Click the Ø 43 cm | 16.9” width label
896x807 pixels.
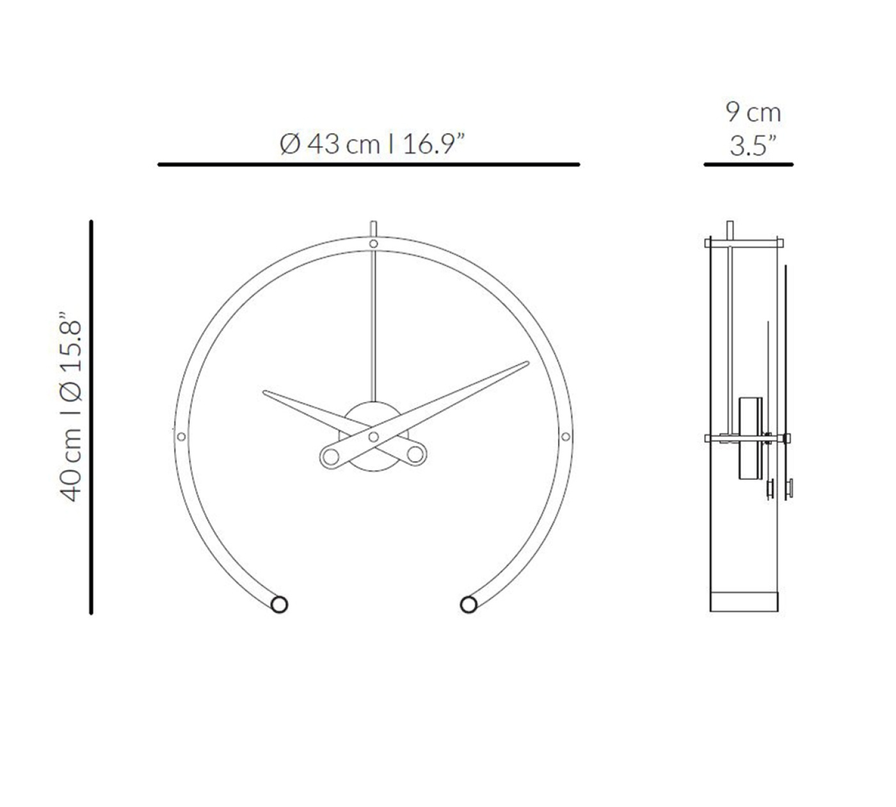pyautogui.click(x=372, y=143)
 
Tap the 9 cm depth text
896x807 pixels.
pyautogui.click(x=753, y=112)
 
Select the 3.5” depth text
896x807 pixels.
pyautogui.click(x=753, y=146)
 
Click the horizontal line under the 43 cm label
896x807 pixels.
pyautogui.click(x=369, y=165)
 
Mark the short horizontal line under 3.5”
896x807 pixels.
pyautogui.click(x=749, y=165)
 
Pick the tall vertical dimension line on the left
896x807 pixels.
pyautogui.click(x=91, y=417)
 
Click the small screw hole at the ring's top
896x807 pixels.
pyautogui.click(x=373, y=243)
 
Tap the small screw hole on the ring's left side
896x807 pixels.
pyautogui.click(x=181, y=436)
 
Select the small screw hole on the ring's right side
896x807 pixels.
pyautogui.click(x=566, y=436)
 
